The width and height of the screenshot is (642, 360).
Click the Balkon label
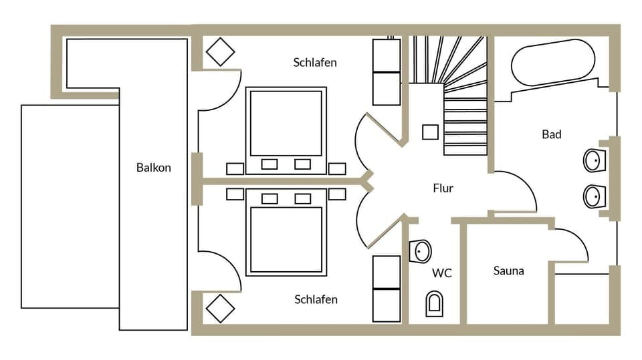pyautogui.click(x=153, y=168)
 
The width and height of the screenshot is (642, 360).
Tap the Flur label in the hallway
pyautogui.click(x=443, y=188)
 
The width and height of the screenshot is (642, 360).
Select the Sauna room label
pyautogui.click(x=508, y=271)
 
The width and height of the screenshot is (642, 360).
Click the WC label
pyautogui.click(x=441, y=273)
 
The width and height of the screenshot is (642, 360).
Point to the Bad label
pyautogui.click(x=551, y=134)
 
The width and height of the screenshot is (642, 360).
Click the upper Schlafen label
pyautogui.click(x=314, y=63)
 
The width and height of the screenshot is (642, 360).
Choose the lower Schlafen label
pyautogui.click(x=316, y=299)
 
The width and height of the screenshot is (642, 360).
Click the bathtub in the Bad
pyautogui.click(x=552, y=62)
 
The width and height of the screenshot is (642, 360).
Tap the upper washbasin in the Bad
pyautogui.click(x=593, y=160)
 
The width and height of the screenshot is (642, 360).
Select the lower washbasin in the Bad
pyautogui.click(x=593, y=196)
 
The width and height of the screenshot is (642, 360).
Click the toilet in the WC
pyautogui.click(x=434, y=303)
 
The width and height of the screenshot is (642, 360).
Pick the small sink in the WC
pyautogui.click(x=421, y=251)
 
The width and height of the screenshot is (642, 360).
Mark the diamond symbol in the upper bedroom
pyautogui.click(x=220, y=52)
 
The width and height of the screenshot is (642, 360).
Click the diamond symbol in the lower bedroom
pyautogui.click(x=220, y=308)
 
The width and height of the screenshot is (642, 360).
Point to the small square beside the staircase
pyautogui.click(x=430, y=132)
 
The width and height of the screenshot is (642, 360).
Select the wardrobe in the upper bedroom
pyautogui.click(x=386, y=72)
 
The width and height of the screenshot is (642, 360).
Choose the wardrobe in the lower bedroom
pyautogui.click(x=386, y=289)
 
